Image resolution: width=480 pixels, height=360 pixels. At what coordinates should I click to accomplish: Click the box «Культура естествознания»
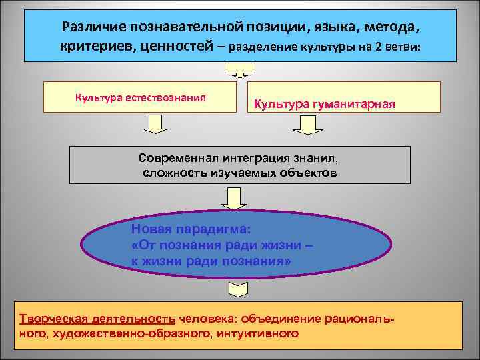(140, 97)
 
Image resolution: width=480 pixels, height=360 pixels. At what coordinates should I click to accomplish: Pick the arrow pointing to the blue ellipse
(233, 198)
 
